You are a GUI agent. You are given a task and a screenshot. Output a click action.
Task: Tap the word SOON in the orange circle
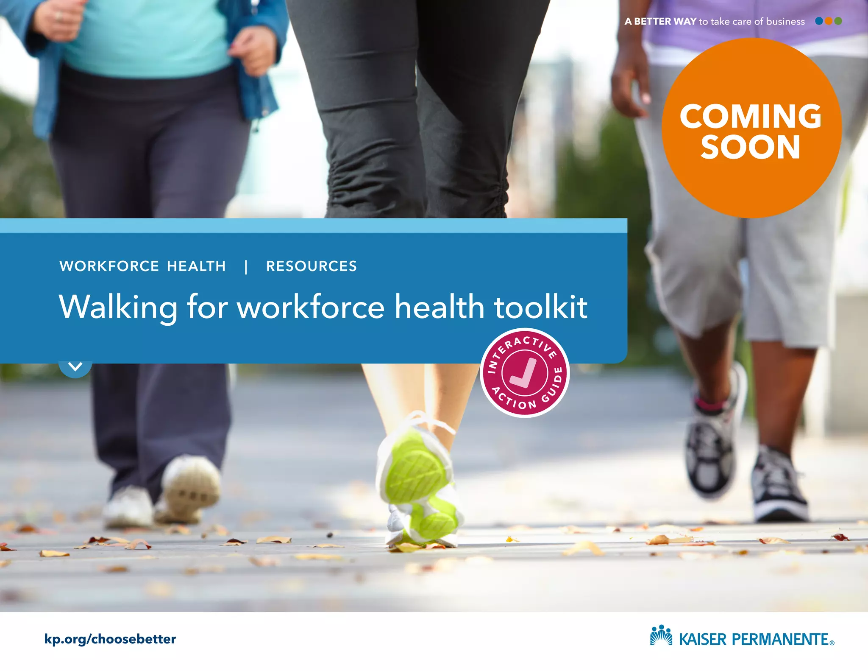750,148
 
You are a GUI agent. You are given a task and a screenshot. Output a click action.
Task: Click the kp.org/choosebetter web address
110,639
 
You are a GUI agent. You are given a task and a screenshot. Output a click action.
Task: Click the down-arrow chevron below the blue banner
75,367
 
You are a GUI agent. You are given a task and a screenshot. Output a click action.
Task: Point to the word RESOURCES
312,266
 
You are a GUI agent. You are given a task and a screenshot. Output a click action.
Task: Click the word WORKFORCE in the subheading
109,266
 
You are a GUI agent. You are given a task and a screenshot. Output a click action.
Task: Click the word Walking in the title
118,307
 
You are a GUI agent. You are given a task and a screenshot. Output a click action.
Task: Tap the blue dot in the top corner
819,21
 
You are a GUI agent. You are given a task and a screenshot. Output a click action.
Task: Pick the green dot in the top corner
838,21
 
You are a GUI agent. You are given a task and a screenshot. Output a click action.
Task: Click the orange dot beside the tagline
829,21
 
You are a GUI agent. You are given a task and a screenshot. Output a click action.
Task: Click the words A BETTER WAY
660,21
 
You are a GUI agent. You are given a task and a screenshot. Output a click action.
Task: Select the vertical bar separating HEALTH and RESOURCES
246,267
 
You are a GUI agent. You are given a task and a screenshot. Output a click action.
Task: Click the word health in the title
440,307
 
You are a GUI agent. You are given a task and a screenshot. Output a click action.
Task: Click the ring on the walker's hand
59,16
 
